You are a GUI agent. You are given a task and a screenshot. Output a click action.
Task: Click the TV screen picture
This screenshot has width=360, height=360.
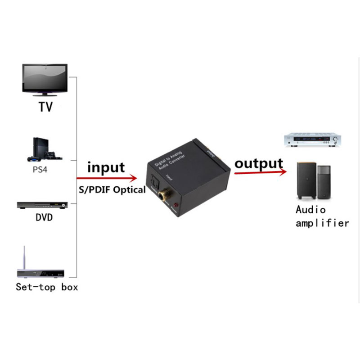tap(45, 79)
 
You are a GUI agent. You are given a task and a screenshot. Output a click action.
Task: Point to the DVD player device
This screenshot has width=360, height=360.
tap(43, 205)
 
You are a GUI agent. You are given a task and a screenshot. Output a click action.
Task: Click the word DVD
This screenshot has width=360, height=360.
tap(44, 218)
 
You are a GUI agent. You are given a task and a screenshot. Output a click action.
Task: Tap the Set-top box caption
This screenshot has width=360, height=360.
tap(47, 287)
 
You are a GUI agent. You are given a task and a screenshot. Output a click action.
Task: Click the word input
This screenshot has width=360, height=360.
tap(106, 167)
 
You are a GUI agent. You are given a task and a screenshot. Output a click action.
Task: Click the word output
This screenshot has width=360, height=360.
tap(259, 163)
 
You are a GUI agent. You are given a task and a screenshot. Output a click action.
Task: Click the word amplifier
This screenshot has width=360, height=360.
tap(322, 223)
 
